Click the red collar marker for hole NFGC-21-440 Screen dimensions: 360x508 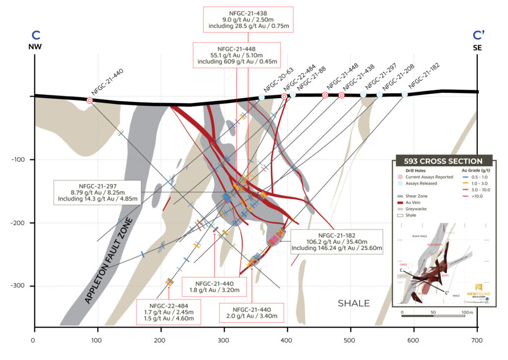click(x=90, y=100)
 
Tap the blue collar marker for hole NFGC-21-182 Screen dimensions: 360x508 click(x=405, y=94)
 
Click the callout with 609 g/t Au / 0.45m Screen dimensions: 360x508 click(x=237, y=55)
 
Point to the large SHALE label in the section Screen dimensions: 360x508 click(x=354, y=303)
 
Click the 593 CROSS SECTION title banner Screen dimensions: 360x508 click(x=443, y=161)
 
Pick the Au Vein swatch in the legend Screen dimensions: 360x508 click(x=403, y=203)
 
